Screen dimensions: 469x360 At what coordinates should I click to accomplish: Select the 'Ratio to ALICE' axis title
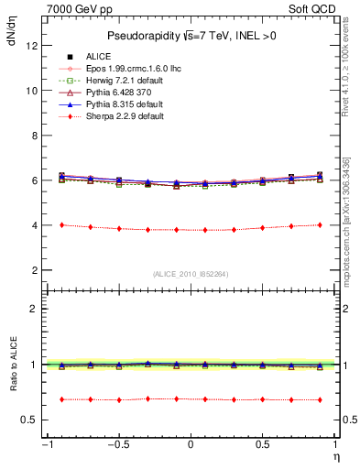[x=12, y=365]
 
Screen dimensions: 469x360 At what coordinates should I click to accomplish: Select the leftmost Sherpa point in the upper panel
[x=61, y=224]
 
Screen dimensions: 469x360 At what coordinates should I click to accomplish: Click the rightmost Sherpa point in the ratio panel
[x=320, y=399]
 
